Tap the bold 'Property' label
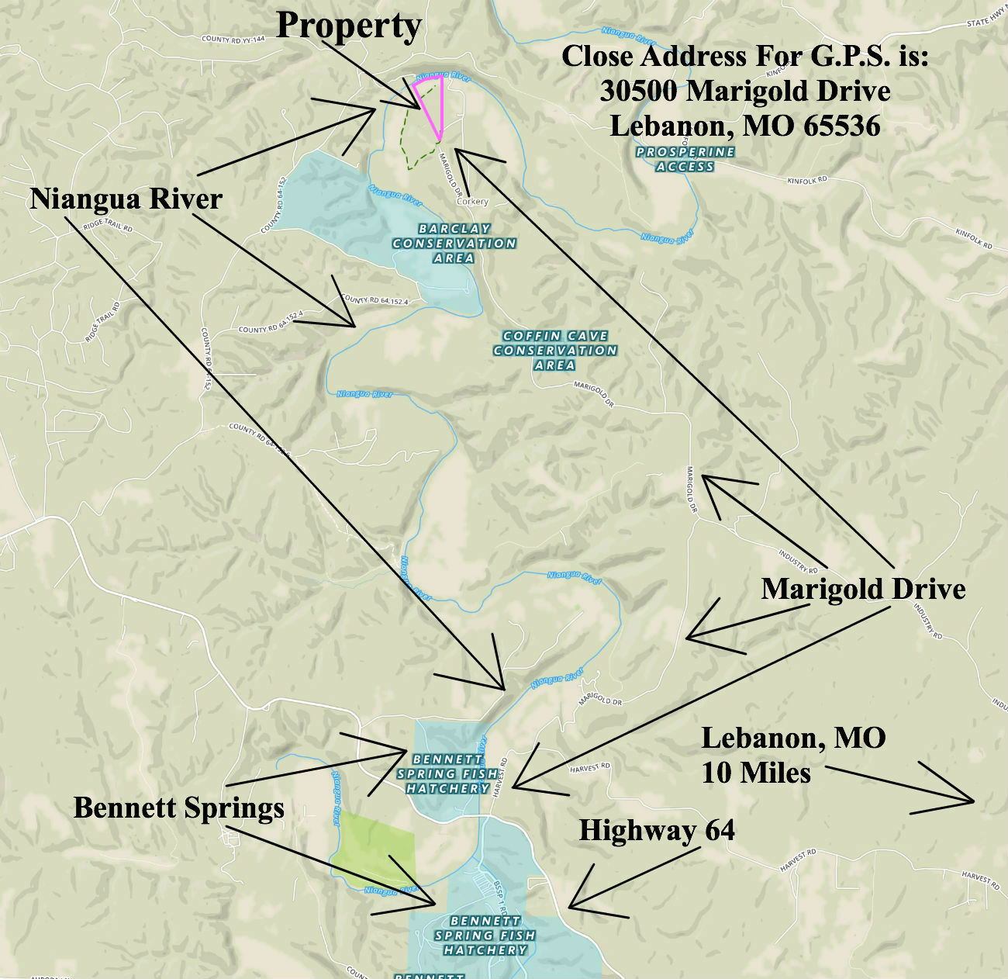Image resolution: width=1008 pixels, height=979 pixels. click(x=349, y=26)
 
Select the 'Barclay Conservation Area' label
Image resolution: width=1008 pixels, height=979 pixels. click(x=454, y=243)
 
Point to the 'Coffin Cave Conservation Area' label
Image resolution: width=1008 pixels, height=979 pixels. click(x=555, y=350)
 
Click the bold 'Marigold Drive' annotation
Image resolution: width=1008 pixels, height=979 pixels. click(x=863, y=589)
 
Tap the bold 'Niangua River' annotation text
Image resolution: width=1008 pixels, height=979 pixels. click(x=126, y=199)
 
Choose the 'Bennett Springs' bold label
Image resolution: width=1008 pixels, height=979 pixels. click(x=179, y=808)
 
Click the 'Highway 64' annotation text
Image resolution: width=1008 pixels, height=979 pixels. click(x=657, y=831)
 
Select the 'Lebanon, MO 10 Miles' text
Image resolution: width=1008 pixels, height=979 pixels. click(x=792, y=755)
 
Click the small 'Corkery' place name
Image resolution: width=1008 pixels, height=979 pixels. click(x=472, y=202)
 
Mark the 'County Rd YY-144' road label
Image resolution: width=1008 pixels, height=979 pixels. click(x=233, y=39)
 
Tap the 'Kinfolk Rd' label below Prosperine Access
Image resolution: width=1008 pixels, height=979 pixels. click(x=807, y=180)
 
